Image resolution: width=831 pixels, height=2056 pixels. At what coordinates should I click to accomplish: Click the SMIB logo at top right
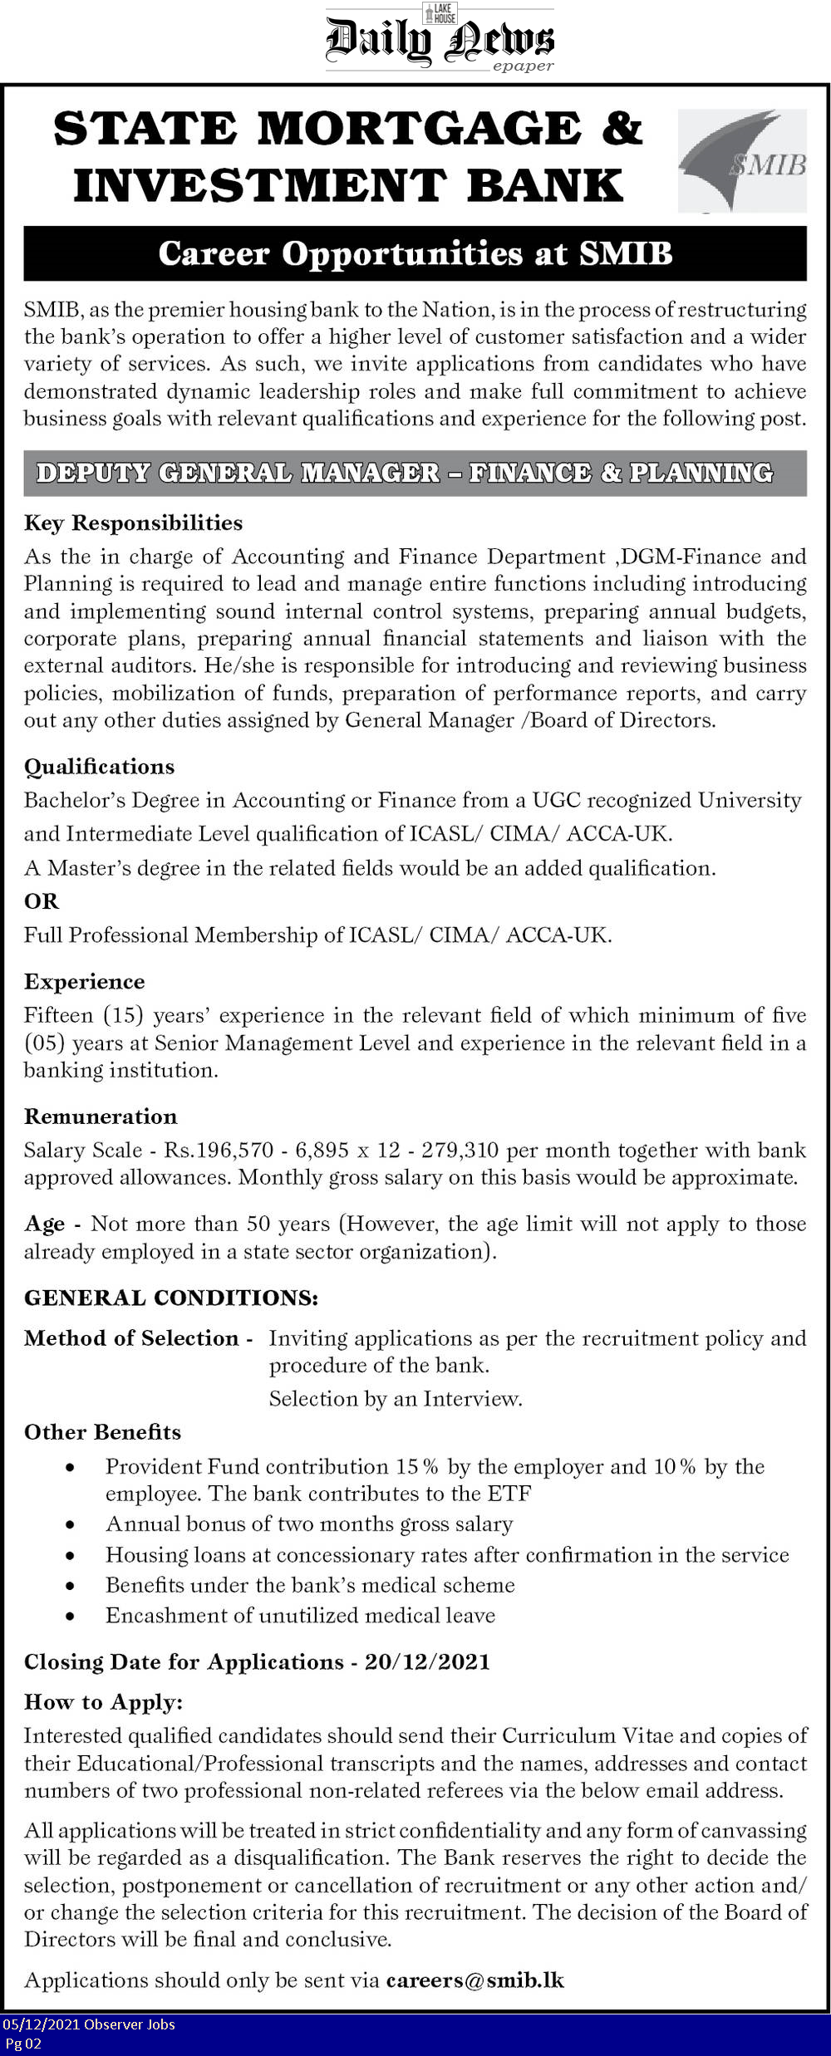click(x=742, y=160)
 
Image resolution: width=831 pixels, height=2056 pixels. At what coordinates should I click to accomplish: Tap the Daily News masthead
click(x=439, y=40)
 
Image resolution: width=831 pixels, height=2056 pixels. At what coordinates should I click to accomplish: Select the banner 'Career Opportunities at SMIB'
click(x=415, y=253)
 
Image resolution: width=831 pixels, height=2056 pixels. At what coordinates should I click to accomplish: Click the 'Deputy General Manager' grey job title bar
click(x=415, y=473)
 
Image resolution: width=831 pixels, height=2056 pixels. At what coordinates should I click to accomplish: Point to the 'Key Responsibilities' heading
click(x=133, y=523)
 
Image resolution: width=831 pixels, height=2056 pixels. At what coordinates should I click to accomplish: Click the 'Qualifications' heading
click(x=99, y=766)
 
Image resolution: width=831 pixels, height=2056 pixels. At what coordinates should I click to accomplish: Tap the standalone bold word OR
click(x=42, y=901)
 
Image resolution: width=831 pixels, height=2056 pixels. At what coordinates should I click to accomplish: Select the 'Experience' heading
click(x=84, y=981)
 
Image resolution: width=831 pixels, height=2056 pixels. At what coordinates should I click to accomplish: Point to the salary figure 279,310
click(x=460, y=1150)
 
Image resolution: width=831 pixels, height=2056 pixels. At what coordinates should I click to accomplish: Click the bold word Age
click(x=44, y=1224)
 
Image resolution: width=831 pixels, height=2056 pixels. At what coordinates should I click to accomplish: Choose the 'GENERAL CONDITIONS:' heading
click(x=170, y=1298)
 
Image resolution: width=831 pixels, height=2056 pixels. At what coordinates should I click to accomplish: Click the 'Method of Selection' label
click(x=131, y=1338)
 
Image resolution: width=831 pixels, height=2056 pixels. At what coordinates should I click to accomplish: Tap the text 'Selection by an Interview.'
click(x=395, y=1399)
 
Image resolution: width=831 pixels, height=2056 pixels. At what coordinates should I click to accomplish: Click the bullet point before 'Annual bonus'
click(x=71, y=1525)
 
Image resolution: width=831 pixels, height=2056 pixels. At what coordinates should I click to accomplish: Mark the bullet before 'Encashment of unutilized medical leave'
click(x=71, y=1616)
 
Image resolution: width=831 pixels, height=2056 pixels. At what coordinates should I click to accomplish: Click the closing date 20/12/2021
click(x=427, y=1661)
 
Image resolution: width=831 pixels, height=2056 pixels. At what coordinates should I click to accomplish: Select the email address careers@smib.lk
click(x=475, y=1980)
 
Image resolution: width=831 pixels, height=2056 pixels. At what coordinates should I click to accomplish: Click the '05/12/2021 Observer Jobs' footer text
click(x=89, y=2024)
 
